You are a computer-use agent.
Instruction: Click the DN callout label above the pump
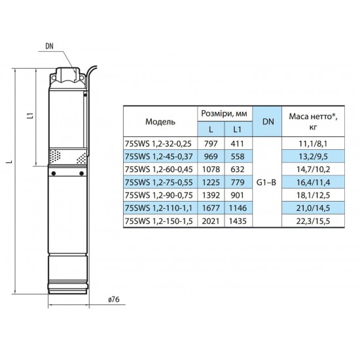tap(49, 46)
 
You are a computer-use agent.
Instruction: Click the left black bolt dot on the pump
tap(54, 173)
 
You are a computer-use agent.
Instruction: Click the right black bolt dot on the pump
tap(81, 173)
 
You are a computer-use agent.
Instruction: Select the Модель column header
tap(160, 122)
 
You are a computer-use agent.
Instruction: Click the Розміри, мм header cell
tap(225, 113)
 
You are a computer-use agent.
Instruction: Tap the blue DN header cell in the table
tap(267, 122)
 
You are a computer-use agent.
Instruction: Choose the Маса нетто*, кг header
tap(313, 122)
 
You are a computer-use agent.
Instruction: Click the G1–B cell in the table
tap(266, 183)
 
